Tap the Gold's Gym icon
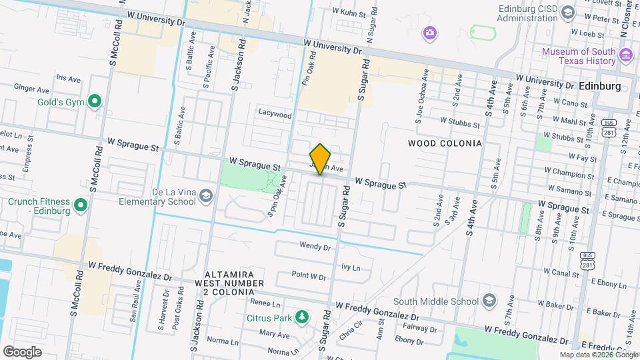(x=95, y=102)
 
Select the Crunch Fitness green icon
(x=81, y=204)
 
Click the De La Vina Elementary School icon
(x=207, y=195)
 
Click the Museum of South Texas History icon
(x=625, y=55)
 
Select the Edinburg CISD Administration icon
(x=567, y=12)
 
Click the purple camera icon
(x=431, y=32)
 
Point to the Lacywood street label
(x=275, y=115)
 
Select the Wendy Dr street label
(x=315, y=246)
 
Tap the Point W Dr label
(x=308, y=275)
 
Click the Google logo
(x=22, y=351)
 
